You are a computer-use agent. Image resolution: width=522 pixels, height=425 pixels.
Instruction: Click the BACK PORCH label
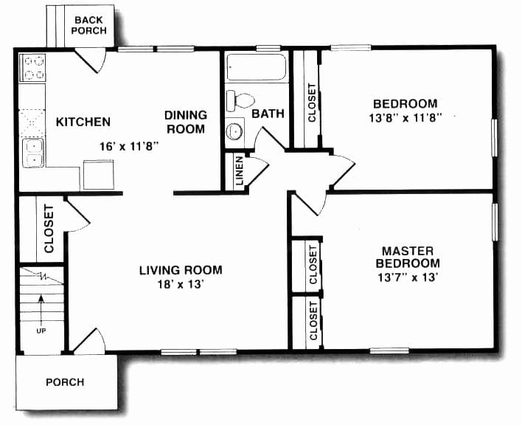point(89,24)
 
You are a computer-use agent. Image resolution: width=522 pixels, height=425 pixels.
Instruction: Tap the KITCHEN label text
point(83,122)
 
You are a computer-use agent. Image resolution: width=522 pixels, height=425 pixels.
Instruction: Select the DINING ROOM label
point(185,122)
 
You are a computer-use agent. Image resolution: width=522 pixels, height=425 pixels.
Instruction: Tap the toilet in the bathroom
point(240,98)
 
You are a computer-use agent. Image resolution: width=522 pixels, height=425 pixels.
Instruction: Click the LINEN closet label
point(240,170)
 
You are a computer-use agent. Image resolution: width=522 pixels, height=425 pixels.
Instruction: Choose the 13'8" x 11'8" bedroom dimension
point(404,117)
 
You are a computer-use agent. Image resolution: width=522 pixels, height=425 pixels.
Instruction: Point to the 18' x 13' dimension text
point(181,283)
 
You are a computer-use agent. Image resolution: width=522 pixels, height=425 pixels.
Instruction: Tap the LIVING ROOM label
point(181,270)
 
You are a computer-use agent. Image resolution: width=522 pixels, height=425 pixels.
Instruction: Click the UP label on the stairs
point(41,330)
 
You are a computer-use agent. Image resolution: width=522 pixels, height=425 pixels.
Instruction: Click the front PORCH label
point(65,382)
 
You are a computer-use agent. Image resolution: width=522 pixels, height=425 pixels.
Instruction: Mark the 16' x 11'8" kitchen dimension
point(130,146)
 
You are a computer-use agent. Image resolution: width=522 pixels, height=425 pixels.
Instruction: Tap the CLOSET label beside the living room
point(49,228)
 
